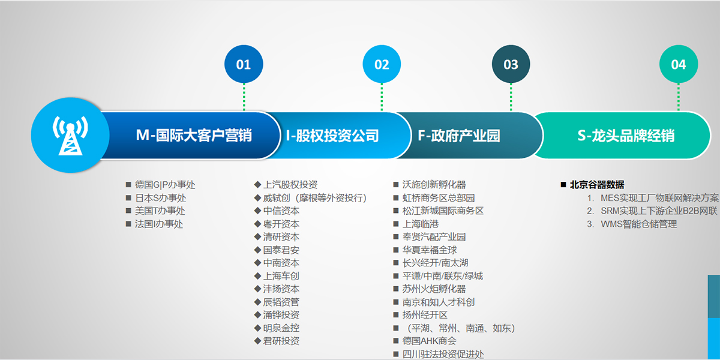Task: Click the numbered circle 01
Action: (244, 64)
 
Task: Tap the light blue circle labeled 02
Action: (382, 64)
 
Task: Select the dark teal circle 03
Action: (511, 64)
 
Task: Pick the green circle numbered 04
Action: (679, 64)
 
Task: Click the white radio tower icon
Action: (70, 136)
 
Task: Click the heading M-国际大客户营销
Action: (194, 136)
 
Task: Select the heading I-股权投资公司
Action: (332, 136)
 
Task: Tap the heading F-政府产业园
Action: (459, 136)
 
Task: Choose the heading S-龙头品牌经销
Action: (626, 136)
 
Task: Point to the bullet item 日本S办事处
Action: (160, 198)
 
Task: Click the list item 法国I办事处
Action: (159, 224)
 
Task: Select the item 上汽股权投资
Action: (290, 185)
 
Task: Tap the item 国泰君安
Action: (281, 250)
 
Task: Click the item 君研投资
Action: (281, 341)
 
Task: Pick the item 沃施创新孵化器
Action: (434, 185)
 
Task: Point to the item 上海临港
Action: (421, 224)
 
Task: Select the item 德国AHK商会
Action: (429, 341)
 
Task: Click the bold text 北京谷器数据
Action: (597, 185)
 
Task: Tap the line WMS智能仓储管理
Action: (638, 224)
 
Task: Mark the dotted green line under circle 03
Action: (511, 97)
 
